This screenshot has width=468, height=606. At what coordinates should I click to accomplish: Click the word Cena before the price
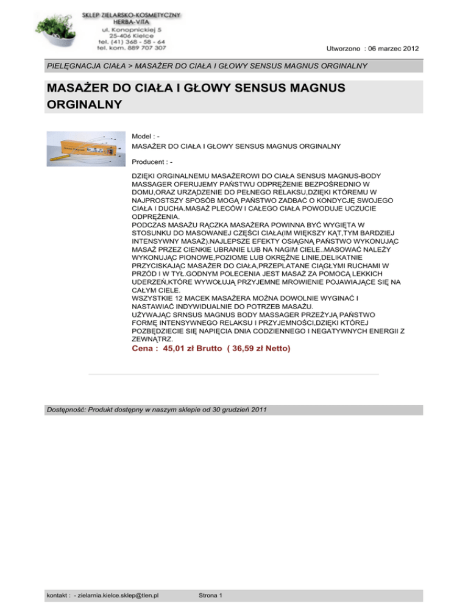point(144,349)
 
